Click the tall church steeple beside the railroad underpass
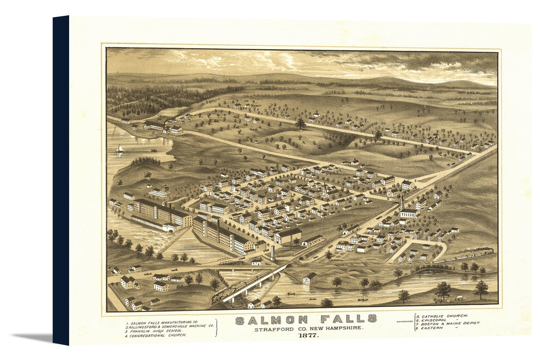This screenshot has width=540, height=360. point(402,202)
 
